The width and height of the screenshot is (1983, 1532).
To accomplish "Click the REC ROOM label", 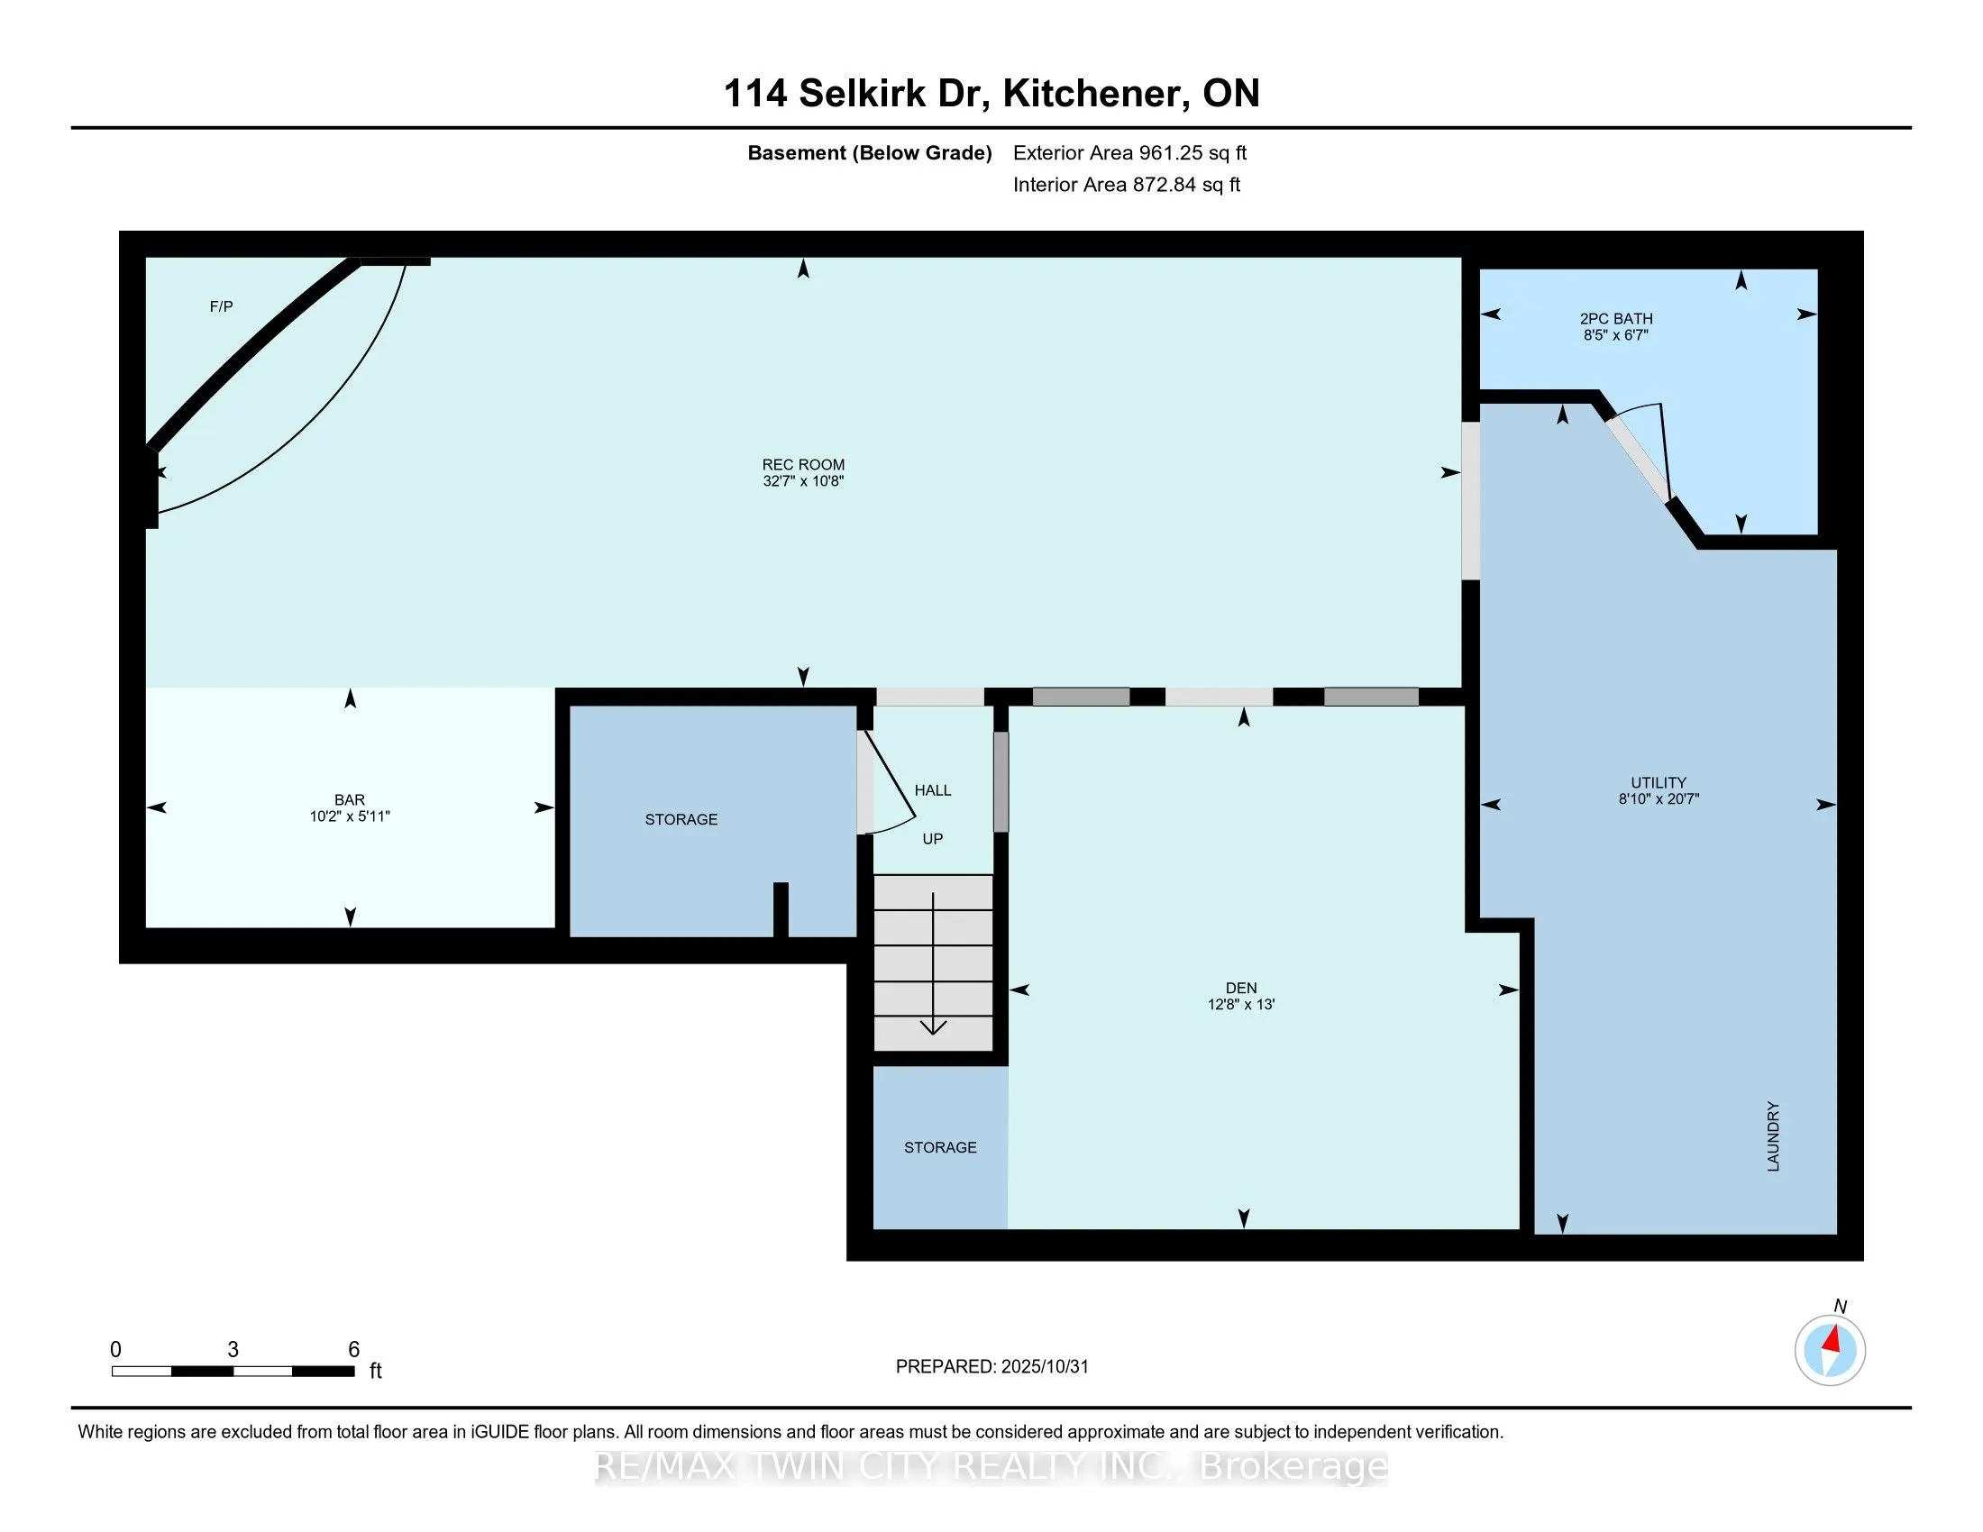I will coord(802,465).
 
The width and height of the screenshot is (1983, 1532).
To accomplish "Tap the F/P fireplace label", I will coord(222,306).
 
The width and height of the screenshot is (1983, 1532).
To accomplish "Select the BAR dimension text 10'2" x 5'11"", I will coord(350,816).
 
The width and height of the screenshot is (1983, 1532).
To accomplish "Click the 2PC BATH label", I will coord(1616,318).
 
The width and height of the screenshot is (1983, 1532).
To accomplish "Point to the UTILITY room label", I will coord(1658,782).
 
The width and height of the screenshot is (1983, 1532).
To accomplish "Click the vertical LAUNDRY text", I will coord(1773,1136).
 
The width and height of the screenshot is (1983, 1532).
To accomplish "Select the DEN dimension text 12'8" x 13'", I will coord(1241,1005).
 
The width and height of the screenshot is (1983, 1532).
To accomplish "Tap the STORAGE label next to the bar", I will coord(681,819).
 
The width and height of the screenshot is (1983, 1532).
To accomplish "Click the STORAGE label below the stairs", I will coord(940,1147).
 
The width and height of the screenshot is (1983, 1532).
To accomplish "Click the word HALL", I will coord(933,790).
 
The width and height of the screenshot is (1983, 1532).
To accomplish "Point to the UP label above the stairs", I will coord(933,839).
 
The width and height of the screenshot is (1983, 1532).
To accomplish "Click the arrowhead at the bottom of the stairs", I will coord(934,1027).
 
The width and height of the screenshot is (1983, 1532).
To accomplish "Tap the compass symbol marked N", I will coord(1830,1351).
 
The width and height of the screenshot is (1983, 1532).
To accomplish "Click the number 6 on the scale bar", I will coord(354,1350).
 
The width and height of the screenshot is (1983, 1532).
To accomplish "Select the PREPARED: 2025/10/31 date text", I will coord(991,1367).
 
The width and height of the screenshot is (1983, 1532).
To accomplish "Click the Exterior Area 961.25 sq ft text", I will coord(1129,152).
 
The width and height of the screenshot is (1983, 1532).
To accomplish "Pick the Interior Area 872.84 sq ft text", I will coord(1126,185).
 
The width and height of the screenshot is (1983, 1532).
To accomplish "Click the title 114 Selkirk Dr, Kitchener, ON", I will coord(991,94).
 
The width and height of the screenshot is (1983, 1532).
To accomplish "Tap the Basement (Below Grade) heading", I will coord(869,152).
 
